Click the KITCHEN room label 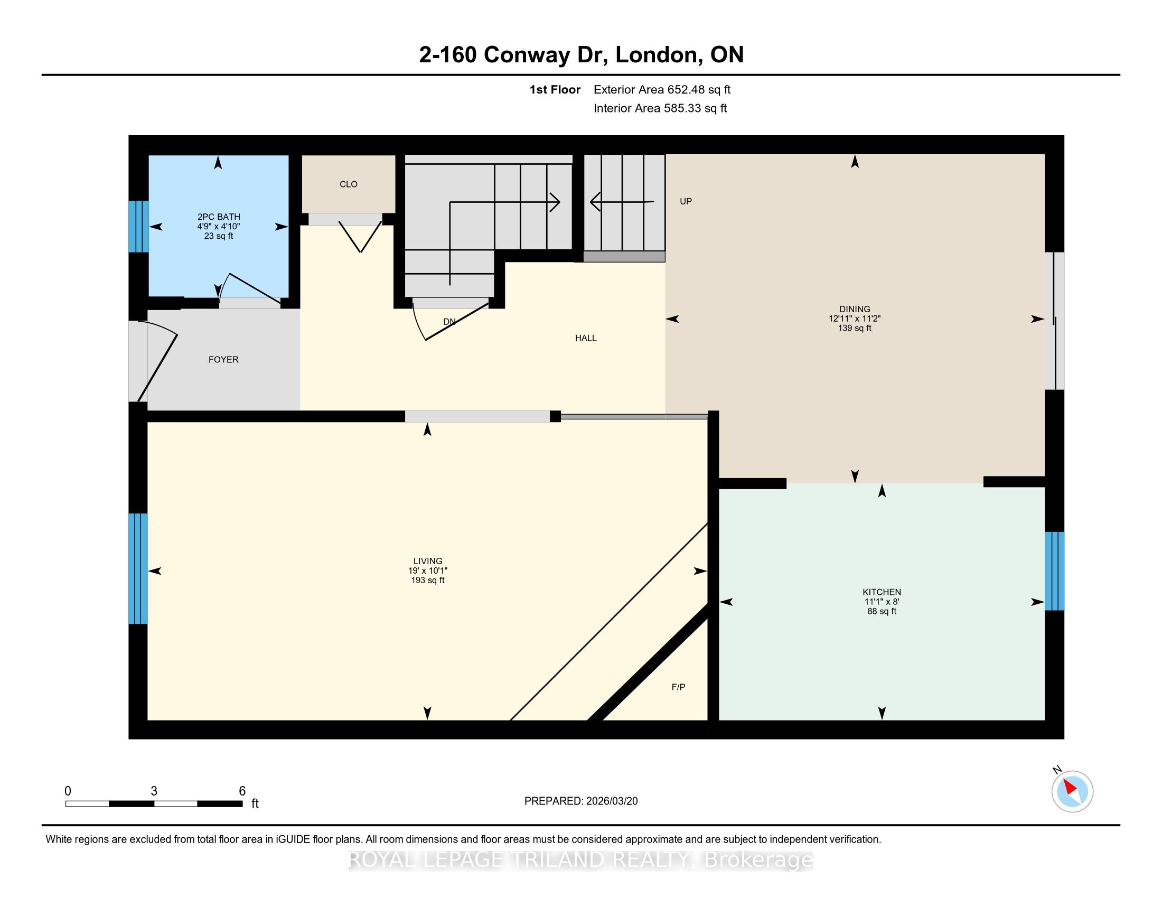882,592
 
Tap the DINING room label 855,309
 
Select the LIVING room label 428,561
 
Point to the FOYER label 223,360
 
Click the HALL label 586,339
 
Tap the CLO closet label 349,184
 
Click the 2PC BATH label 219,217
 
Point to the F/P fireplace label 678,687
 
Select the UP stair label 686,202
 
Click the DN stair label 449,322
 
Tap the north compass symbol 1072,791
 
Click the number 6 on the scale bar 242,791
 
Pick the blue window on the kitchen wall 1055,571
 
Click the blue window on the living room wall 138,568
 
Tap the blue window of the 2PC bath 138,226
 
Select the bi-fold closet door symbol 361,237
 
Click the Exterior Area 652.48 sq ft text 662,90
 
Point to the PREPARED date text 581,801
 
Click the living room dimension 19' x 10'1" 428,571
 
